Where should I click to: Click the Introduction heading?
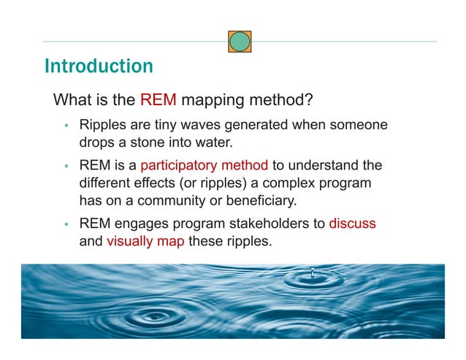99,66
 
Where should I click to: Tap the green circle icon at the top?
240,42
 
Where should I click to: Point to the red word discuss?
352,224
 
